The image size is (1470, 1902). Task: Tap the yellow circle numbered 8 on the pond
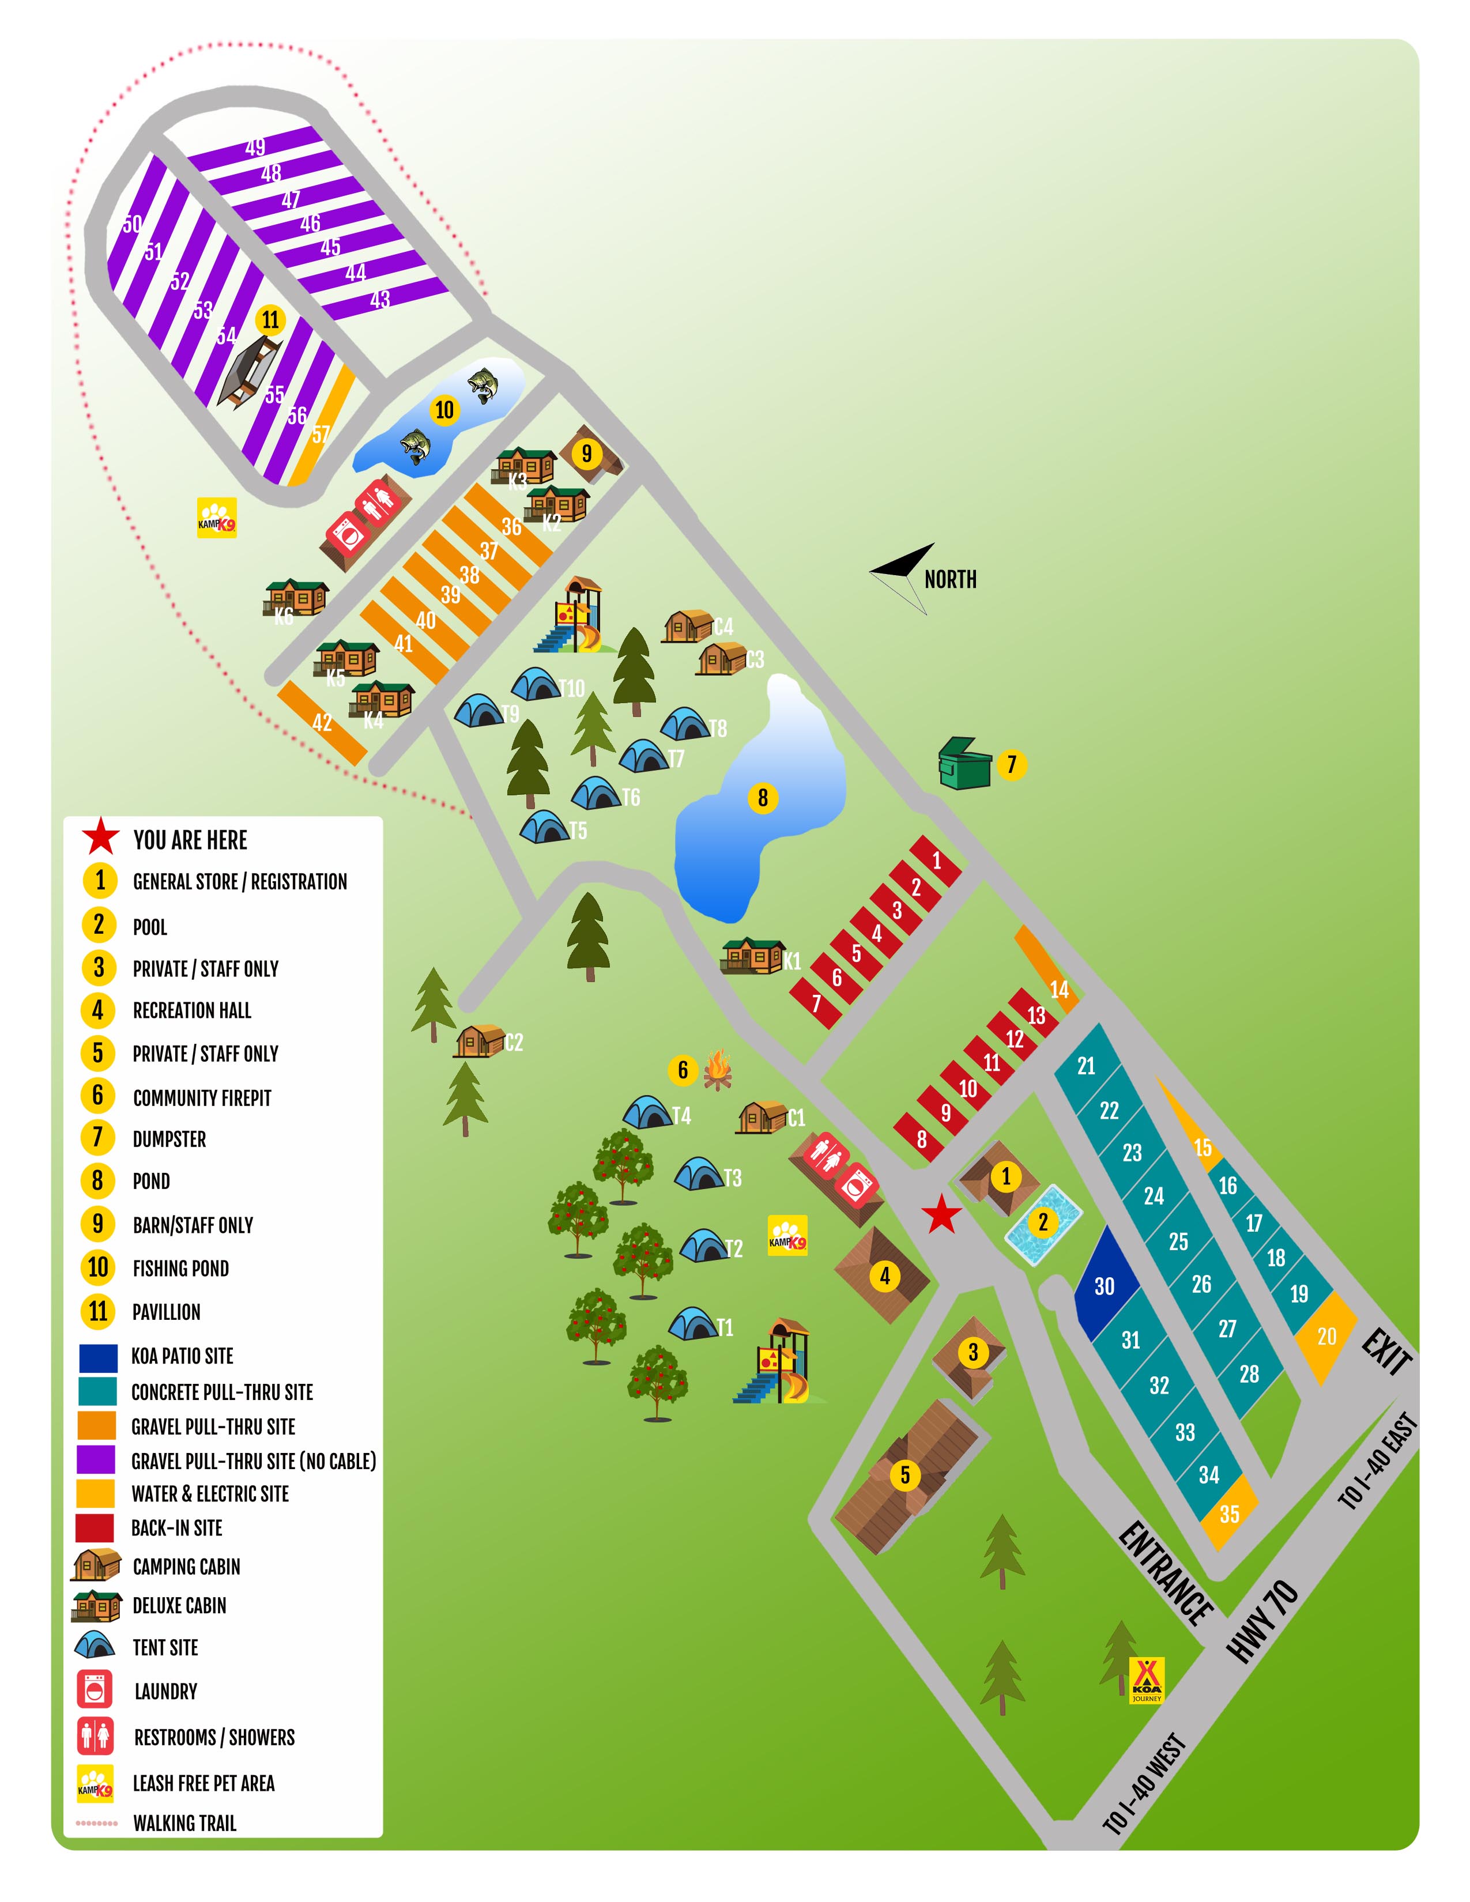pos(762,797)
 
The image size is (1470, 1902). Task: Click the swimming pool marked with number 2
pos(1043,1224)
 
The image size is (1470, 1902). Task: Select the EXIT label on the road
pos(1387,1352)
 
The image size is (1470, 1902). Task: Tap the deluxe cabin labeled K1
pos(752,956)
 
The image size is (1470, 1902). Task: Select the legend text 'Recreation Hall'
pos(191,1010)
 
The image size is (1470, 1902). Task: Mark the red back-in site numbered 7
pos(816,1003)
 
